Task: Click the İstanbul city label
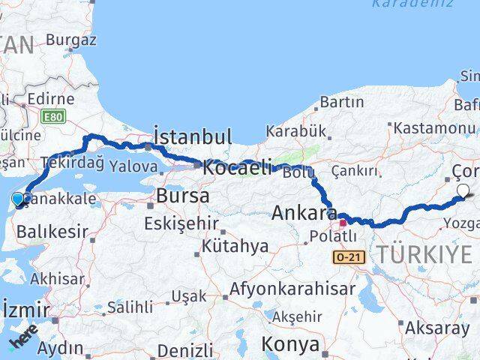pos(192,136)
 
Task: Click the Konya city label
pos(289,344)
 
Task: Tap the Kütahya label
pos(235,246)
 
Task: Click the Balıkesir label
pos(52,232)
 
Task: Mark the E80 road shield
pos(53,117)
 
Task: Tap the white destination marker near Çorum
pos(463,191)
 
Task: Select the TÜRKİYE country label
pos(424,255)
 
